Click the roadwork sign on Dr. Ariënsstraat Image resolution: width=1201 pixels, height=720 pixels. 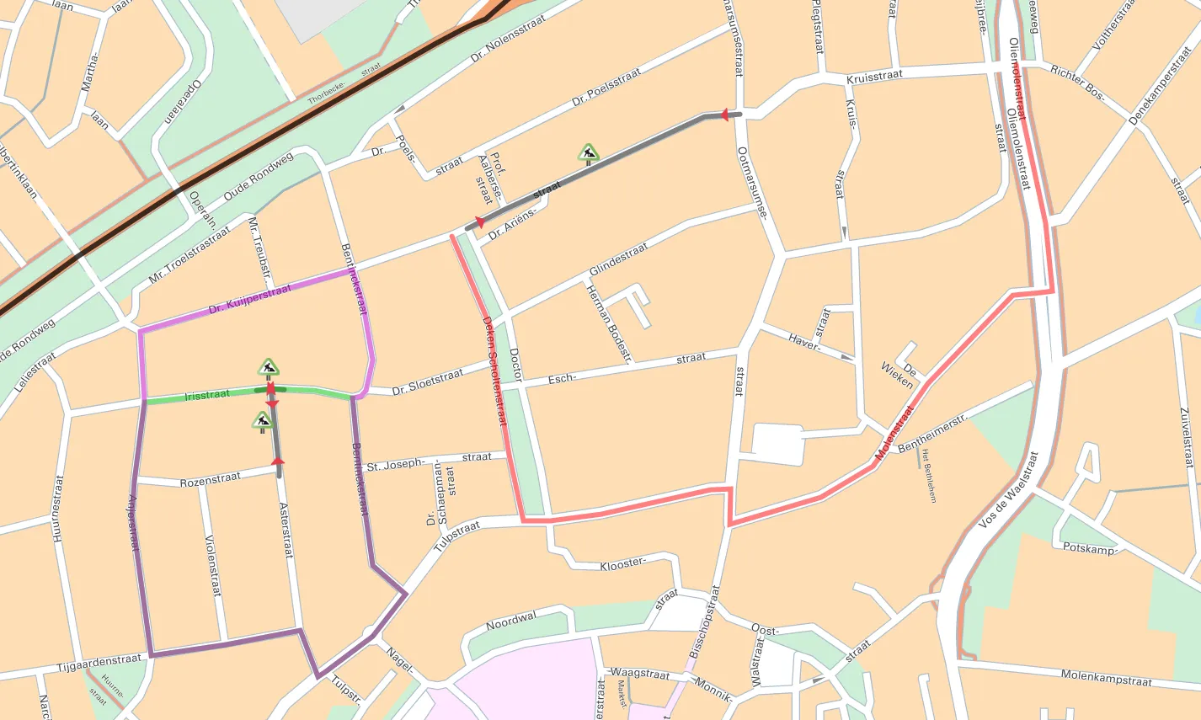coord(589,153)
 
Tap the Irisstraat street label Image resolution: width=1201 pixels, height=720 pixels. coord(206,394)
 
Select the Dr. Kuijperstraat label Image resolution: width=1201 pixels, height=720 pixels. coord(249,298)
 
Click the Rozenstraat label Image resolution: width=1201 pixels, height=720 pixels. coord(210,480)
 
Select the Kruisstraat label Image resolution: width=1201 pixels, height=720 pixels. coord(874,76)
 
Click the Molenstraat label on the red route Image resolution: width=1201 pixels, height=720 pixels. coord(894,433)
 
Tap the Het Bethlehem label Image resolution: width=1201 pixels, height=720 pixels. coord(929,476)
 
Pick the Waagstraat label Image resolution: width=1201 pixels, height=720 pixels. coord(640,674)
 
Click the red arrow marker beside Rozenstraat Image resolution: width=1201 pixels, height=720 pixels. coord(279,461)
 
